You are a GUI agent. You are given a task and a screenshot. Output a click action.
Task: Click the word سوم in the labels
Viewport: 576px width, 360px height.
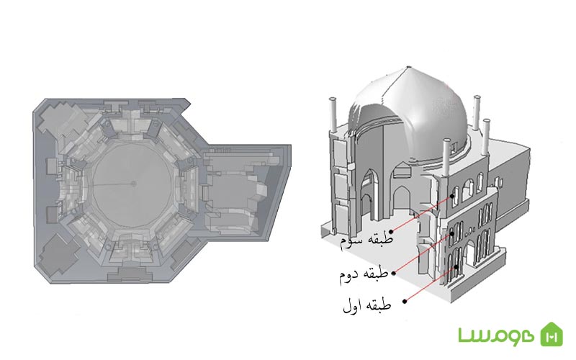click(351, 240)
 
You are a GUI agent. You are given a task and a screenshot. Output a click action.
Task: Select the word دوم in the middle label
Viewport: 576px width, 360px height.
click(348, 276)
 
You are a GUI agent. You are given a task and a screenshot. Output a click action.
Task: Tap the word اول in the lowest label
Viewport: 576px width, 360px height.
click(352, 307)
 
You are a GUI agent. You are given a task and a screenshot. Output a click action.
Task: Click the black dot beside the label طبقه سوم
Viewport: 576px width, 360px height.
click(392, 232)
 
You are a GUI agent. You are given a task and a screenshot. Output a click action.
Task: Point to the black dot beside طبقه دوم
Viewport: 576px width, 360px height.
click(393, 273)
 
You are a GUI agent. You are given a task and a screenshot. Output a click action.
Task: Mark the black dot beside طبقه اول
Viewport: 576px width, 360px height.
click(405, 301)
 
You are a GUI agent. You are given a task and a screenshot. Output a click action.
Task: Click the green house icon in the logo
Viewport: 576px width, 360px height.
click(552, 334)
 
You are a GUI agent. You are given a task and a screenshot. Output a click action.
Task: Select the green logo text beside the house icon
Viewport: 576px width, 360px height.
click(496, 335)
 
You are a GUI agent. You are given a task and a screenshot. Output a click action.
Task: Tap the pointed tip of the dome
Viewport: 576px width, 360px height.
click(409, 67)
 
